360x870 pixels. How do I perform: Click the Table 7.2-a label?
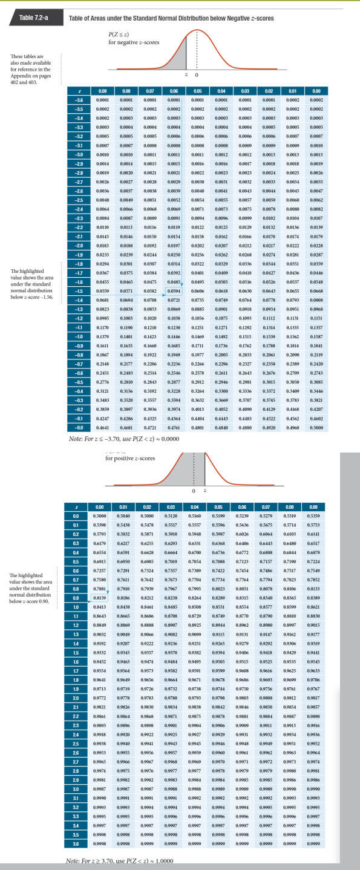click(x=34, y=18)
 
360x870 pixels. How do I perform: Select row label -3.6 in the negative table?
click(x=78, y=99)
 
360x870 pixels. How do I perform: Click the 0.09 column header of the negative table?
click(x=102, y=91)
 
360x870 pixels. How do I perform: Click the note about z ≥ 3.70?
click(x=119, y=861)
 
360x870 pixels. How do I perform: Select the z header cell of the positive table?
click(x=76, y=506)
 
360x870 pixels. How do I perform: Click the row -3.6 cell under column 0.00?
click(x=316, y=99)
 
